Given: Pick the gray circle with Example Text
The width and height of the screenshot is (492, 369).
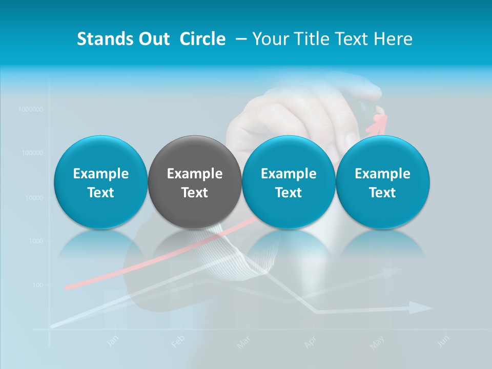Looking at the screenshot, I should tap(194, 182).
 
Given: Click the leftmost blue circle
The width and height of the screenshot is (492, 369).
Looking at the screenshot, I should tap(100, 182).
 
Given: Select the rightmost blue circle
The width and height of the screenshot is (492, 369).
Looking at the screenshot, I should tap(382, 182).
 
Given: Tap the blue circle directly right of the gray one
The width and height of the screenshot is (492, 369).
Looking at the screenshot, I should tap(289, 182).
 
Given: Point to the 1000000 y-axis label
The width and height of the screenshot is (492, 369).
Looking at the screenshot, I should tap(30, 109).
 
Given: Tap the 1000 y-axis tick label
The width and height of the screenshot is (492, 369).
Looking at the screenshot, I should tap(35, 241).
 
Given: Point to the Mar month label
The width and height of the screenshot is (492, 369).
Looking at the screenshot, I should tap(243, 342).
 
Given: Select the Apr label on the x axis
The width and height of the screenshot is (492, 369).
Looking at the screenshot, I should tap(310, 342).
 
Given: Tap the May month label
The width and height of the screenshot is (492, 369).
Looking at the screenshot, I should tap(377, 342).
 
